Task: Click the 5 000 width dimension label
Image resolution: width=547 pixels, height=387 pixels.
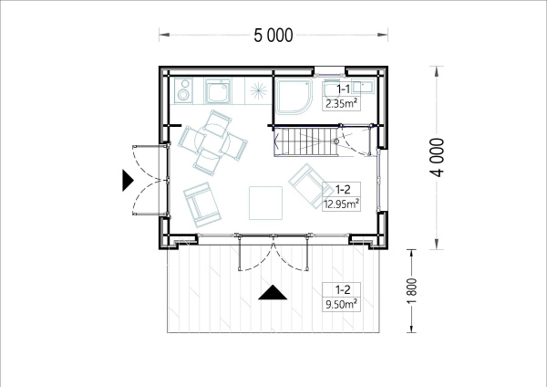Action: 273,36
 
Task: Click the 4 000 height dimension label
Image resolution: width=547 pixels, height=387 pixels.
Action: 437,157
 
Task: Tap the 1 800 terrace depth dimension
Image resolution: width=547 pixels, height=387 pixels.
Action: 412,291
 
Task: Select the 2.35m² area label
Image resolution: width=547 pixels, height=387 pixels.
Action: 341,104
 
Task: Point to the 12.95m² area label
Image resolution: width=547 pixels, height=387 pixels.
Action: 341,204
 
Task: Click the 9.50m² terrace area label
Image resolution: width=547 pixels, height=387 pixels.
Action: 341,304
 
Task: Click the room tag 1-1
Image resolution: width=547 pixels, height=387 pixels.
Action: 343,89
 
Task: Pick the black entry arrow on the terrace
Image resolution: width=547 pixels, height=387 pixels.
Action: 273,292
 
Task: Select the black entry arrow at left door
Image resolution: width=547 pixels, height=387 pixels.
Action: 128,180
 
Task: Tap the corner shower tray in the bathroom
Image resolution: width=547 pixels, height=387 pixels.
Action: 294,96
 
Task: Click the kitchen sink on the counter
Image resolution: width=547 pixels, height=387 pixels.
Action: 218,90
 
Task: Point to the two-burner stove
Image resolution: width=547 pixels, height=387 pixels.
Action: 183,90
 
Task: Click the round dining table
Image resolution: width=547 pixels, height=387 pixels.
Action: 212,142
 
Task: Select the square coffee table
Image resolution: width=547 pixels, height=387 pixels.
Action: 265,203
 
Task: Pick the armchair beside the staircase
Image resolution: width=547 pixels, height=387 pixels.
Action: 311,186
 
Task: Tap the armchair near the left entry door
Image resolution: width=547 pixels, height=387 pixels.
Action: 202,204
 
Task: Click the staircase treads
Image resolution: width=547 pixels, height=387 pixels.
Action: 305,141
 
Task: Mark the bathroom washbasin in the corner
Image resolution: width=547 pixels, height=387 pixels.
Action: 363,85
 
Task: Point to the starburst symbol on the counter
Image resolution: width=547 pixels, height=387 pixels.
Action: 258,90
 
